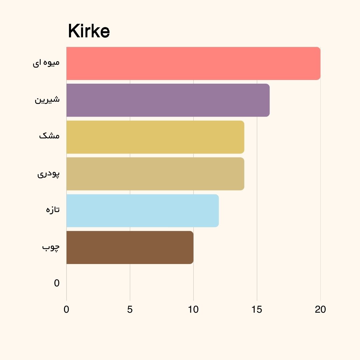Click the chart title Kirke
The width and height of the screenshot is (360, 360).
(x=89, y=32)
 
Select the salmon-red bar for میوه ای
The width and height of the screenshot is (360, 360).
(x=193, y=63)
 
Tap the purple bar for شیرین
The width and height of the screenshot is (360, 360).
(x=168, y=100)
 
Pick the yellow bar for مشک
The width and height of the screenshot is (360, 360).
(x=155, y=137)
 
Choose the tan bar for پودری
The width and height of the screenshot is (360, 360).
(x=155, y=174)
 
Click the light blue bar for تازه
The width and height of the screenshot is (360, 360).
(x=143, y=211)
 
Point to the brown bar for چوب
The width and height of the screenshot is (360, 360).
(x=130, y=247)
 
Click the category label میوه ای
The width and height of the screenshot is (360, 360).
(x=46, y=63)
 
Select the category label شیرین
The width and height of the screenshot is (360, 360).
(x=47, y=99)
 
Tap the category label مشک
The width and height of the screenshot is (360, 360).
(x=49, y=136)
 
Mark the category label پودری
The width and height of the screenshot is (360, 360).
(x=48, y=173)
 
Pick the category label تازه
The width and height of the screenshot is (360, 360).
(x=53, y=210)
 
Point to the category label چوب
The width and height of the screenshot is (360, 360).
(x=51, y=247)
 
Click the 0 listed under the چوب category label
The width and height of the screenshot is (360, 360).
(x=57, y=283)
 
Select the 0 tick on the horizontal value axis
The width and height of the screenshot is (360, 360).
(x=66, y=310)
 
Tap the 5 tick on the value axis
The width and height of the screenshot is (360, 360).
(x=130, y=310)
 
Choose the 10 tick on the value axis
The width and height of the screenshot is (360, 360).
(x=193, y=310)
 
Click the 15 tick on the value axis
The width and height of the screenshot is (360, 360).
(x=257, y=310)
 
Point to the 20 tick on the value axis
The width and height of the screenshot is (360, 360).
(x=320, y=310)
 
